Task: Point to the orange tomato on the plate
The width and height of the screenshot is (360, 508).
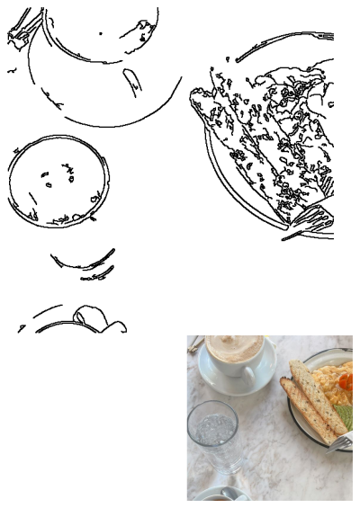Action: coord(346,382)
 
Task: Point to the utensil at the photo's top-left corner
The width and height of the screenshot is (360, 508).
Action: coord(193,343)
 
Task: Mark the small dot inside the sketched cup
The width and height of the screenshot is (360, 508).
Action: coord(100,33)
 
